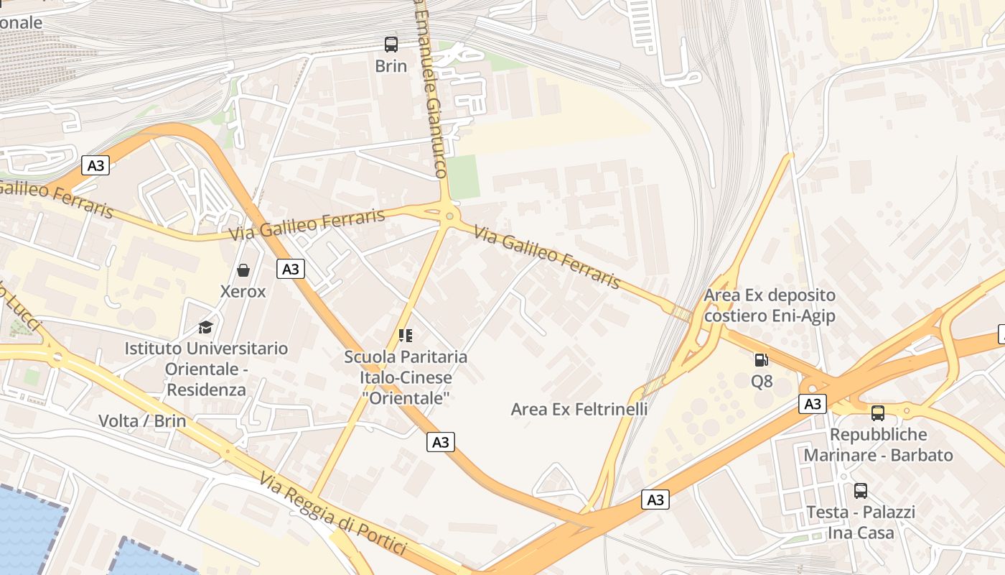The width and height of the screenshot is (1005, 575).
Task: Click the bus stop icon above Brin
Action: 391,45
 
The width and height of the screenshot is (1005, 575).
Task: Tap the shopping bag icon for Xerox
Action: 243,270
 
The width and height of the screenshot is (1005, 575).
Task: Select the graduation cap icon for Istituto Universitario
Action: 206,327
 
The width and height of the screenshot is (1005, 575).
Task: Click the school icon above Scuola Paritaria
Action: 406,335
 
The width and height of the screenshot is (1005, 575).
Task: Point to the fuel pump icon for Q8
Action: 761,359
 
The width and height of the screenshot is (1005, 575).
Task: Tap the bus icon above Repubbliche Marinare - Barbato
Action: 877,413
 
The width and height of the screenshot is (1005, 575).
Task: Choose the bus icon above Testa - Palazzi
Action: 860,491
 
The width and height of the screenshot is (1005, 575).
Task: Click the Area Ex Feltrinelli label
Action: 579,409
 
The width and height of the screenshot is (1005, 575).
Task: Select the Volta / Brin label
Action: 142,421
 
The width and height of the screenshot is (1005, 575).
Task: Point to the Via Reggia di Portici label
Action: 333,513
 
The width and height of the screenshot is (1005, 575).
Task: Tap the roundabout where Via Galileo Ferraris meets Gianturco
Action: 449,215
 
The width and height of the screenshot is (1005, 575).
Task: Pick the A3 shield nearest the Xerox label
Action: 290,269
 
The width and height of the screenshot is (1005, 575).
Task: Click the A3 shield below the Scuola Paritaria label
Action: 440,442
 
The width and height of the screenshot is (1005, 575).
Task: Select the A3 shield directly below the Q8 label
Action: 812,404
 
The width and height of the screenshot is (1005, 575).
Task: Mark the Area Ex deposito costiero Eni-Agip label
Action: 770,305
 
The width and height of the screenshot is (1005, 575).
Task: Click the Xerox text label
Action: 243,292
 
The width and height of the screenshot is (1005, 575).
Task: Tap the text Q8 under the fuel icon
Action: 762,381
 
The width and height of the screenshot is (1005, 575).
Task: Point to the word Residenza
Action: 206,390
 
